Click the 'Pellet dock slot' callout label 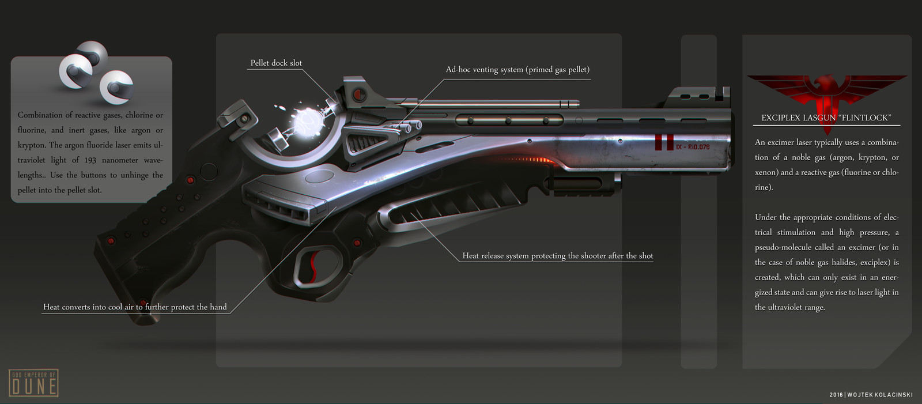pyautogui.click(x=276, y=63)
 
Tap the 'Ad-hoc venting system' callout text pyautogui.click(x=517, y=70)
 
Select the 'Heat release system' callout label pyautogui.click(x=557, y=256)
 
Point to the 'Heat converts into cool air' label pyautogui.click(x=135, y=307)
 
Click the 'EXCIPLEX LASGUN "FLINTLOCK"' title pyautogui.click(x=826, y=118)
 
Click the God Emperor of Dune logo pyautogui.click(x=33, y=383)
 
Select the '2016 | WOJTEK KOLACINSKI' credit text pyautogui.click(x=871, y=395)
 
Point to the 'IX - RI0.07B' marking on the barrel pyautogui.click(x=693, y=147)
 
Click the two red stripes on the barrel pyautogui.click(x=664, y=142)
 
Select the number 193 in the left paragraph pyautogui.click(x=91, y=160)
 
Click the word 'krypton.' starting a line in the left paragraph pyautogui.click(x=32, y=145)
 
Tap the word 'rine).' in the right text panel pyautogui.click(x=764, y=187)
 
